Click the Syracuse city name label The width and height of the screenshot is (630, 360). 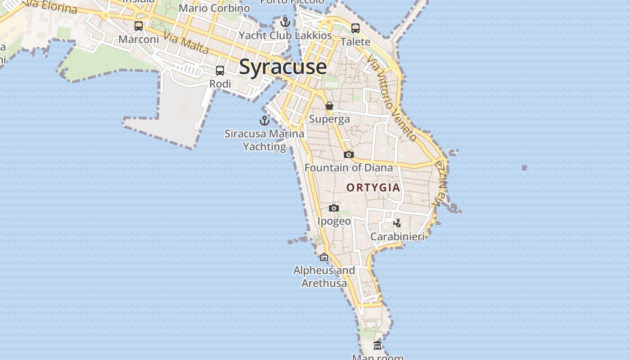click(x=283, y=67)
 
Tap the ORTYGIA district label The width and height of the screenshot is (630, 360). click(x=373, y=187)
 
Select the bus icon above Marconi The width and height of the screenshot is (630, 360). click(x=139, y=26)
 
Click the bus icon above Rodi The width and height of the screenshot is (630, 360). click(x=220, y=71)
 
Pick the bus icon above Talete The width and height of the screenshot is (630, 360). click(x=355, y=28)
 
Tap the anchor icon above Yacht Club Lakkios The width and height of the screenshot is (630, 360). click(x=285, y=22)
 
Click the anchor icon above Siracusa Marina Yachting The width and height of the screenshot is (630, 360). click(x=265, y=120)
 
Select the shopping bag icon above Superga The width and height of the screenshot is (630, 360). click(x=329, y=106)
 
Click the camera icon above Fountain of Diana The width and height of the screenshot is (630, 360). click(x=348, y=154)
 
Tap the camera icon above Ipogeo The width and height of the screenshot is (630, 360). click(x=333, y=208)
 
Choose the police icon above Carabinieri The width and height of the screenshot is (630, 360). click(x=397, y=223)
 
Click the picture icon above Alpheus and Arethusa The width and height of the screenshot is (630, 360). click(x=324, y=257)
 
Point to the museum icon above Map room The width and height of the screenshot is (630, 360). click(x=378, y=345)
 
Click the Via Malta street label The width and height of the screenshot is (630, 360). click(x=186, y=43)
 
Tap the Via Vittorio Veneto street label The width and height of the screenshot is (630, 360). click(x=391, y=98)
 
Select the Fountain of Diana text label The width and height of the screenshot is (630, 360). click(x=349, y=168)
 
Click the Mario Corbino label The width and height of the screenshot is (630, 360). click(x=214, y=8)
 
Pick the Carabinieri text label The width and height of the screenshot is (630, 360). click(x=397, y=236)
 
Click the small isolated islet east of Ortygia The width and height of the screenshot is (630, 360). click(x=524, y=168)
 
